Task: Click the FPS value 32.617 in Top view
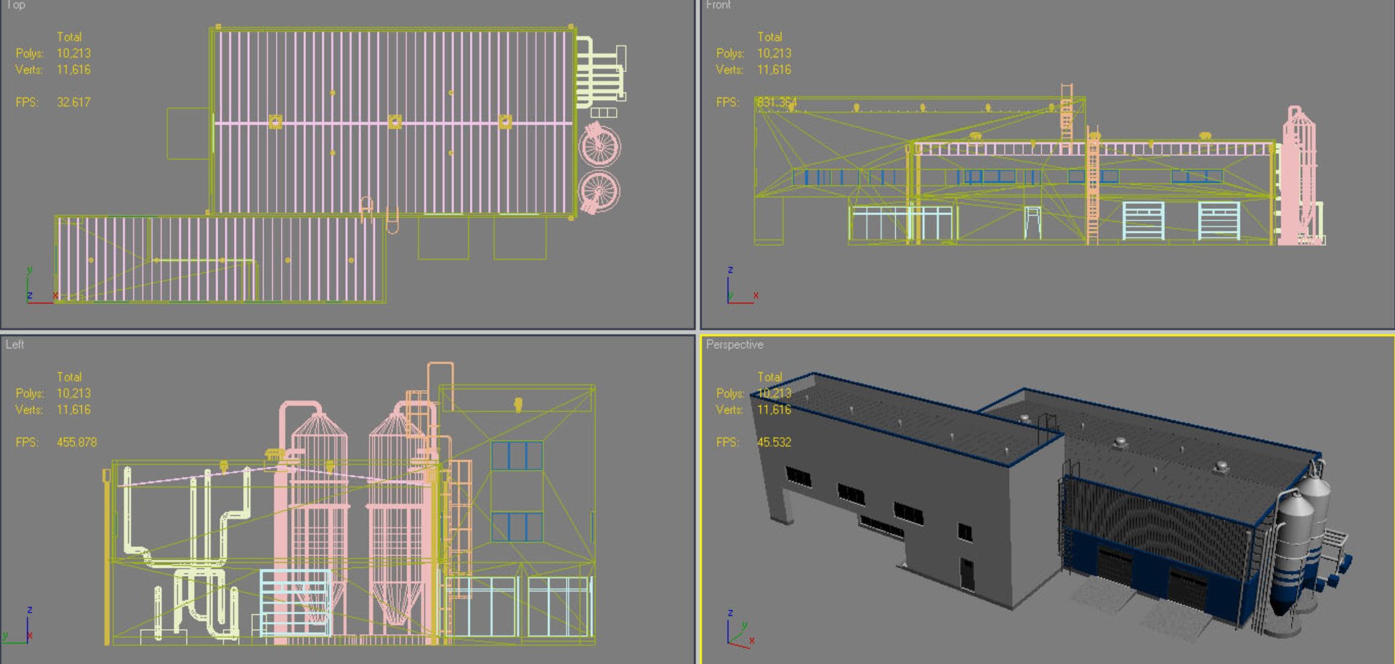(x=73, y=102)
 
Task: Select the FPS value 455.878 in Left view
(x=76, y=442)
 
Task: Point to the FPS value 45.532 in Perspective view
(x=774, y=442)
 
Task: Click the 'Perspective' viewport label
(x=735, y=344)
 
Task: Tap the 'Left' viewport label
(x=15, y=344)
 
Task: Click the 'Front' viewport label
(x=718, y=5)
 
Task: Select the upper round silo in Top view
(x=599, y=146)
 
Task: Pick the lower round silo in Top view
(x=599, y=192)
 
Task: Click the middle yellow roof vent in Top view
(x=395, y=121)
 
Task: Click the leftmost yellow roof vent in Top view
(x=275, y=121)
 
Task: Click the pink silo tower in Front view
(x=1298, y=178)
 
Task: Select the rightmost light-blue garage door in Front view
(x=1218, y=220)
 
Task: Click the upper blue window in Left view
(x=517, y=456)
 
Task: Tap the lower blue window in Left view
(x=517, y=527)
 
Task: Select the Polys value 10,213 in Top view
(x=73, y=53)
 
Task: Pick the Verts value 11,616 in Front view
(x=774, y=70)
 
